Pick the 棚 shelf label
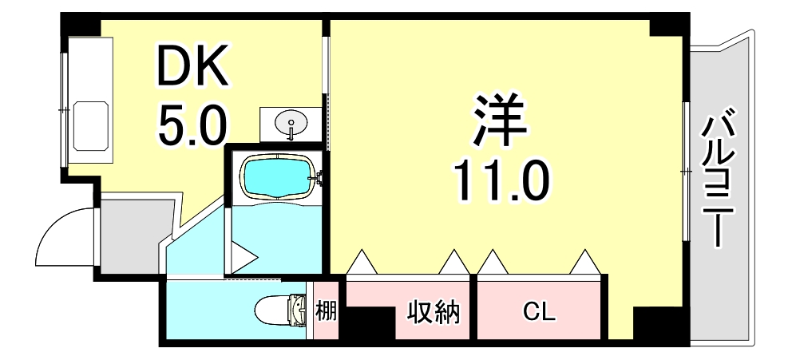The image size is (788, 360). [326, 310]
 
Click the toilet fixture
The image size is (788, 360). [283, 310]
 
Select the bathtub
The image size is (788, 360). [276, 175]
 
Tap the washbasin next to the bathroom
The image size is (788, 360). [291, 124]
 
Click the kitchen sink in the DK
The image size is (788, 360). [90, 125]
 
